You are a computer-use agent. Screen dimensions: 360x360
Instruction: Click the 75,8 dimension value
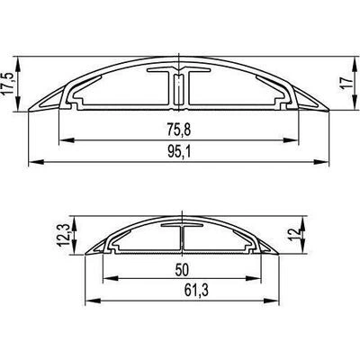(179, 130)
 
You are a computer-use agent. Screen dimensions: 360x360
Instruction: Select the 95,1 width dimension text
(179, 152)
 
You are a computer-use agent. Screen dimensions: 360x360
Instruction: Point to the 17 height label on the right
(347, 83)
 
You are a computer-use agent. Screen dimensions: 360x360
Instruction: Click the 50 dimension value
(182, 270)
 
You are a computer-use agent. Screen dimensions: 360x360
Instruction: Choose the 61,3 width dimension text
(196, 291)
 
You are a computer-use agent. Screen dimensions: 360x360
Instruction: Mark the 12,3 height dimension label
(64, 236)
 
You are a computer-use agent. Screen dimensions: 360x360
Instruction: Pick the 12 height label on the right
(294, 234)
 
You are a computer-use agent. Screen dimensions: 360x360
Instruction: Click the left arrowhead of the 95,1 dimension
(36, 162)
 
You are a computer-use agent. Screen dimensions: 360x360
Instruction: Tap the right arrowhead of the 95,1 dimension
(321, 162)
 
